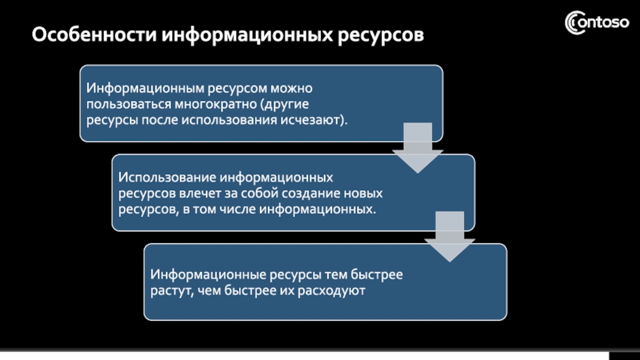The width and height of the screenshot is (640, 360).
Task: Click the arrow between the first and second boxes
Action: (417, 148)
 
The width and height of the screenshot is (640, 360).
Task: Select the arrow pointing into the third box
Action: (449, 237)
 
